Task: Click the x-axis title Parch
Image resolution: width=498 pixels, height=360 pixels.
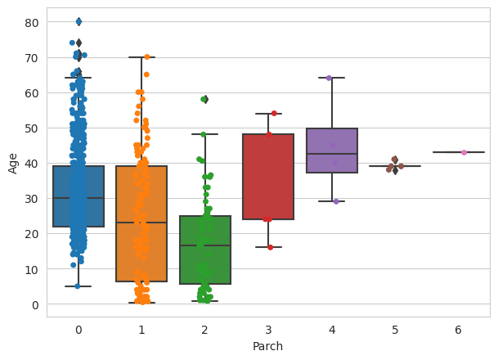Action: coord(268,347)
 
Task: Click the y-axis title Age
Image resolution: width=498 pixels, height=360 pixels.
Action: coord(13,163)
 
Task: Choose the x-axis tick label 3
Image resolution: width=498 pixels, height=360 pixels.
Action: coord(268,330)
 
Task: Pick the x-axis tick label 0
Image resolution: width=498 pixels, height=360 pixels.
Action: coord(78,330)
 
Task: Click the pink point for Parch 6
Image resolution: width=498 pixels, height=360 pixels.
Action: coord(464,152)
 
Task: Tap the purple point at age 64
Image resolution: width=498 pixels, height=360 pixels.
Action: coord(329,78)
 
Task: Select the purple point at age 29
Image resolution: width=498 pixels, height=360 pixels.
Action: coord(336,201)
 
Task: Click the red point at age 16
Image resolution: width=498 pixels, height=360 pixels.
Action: coord(271,247)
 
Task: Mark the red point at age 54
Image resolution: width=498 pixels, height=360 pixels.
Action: coord(274,113)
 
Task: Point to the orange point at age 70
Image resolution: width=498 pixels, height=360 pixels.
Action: coord(147,56)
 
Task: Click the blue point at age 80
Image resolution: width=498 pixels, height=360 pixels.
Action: coord(79,21)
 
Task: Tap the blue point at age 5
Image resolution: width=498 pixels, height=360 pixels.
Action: coord(78,286)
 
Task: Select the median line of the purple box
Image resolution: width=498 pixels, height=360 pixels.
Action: coord(332,154)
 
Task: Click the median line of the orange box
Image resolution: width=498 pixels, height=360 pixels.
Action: coord(141,223)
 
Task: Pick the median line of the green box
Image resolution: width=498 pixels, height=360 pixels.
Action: coord(204,245)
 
